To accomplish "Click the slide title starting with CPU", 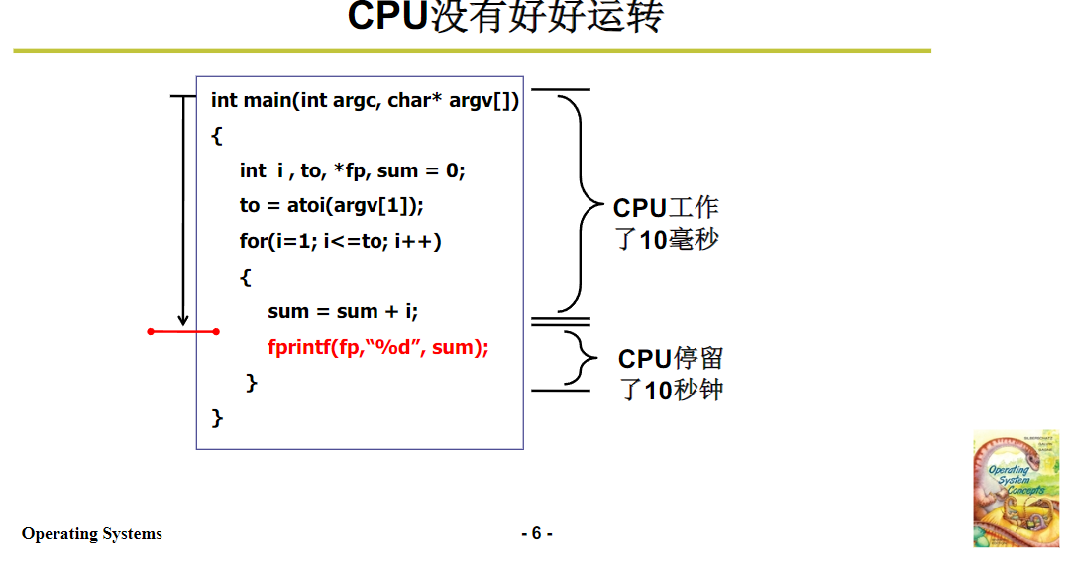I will click(504, 18).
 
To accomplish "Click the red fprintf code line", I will click(378, 347).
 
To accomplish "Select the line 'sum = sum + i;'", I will click(343, 311).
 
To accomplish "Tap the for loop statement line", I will click(340, 241).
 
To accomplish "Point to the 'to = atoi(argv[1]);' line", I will click(331, 205).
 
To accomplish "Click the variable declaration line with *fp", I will click(352, 170).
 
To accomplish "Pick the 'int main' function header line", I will click(365, 100).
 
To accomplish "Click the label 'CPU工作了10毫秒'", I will click(666, 223).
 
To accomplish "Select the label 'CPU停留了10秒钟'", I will click(671, 374).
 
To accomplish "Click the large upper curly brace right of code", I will click(578, 203).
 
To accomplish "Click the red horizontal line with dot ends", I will click(183, 331).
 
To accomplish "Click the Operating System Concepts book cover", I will click(1016, 488).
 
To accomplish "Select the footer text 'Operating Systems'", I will click(92, 533).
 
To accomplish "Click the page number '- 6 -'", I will click(537, 533).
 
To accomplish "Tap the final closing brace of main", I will click(218, 417).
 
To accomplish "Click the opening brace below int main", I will click(217, 136).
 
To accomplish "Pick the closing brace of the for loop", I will click(252, 382).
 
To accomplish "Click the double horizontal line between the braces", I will click(561, 321).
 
